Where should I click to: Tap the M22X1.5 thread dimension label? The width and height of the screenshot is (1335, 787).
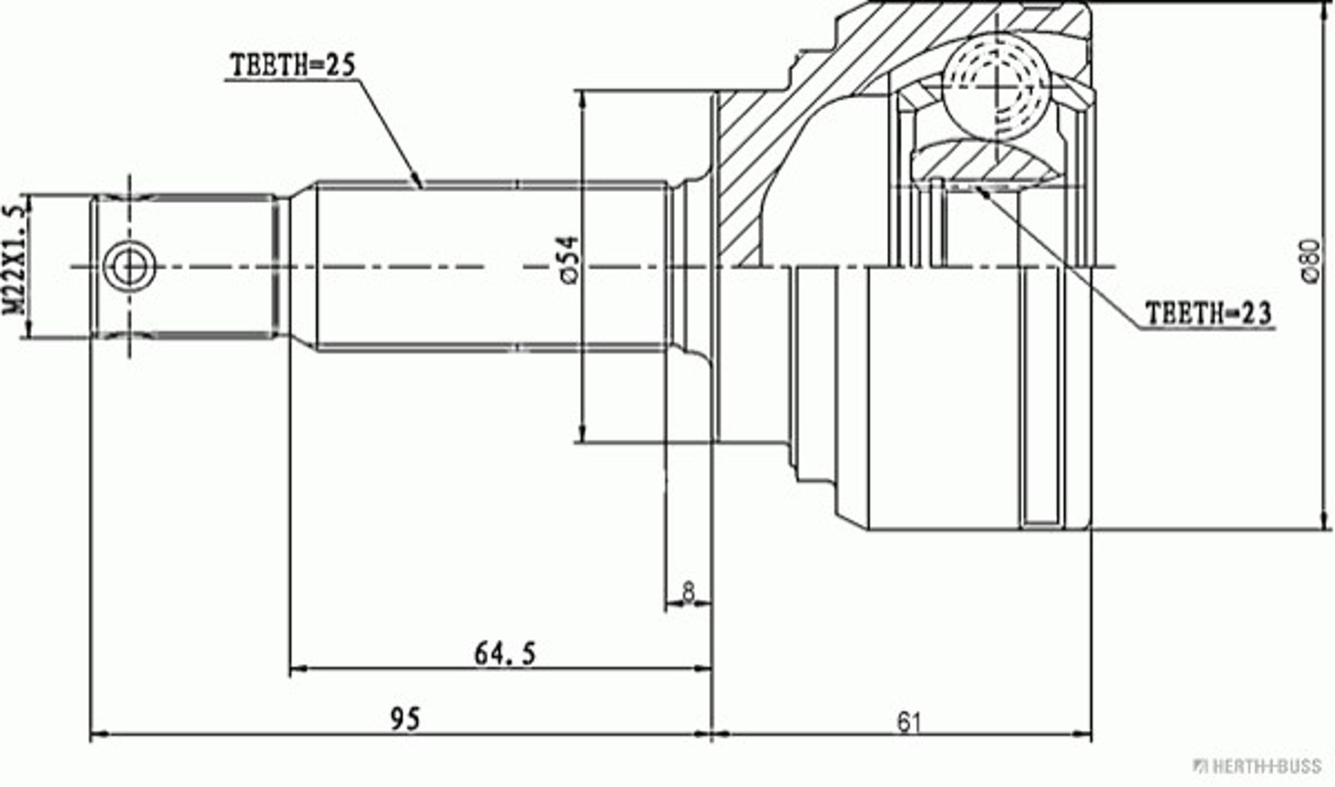16,260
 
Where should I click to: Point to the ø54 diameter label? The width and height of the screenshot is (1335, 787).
570,260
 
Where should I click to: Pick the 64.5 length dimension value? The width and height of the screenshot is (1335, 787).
505,654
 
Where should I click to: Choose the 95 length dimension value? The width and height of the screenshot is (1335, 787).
406,719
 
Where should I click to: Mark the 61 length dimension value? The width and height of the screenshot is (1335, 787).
909,723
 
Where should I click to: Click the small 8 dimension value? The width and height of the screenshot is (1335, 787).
689,591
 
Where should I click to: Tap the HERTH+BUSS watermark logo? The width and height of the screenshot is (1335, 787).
1257,766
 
